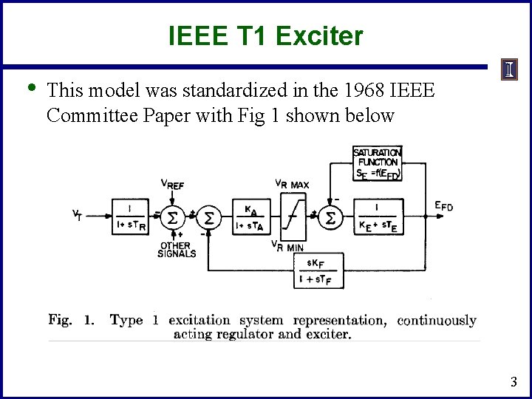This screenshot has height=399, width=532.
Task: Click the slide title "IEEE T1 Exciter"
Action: coord(265,35)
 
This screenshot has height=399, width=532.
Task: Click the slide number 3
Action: coord(514,382)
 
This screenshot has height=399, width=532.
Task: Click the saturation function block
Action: coord(378,163)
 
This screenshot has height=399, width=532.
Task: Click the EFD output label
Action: coord(443,207)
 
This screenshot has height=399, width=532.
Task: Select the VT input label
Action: coord(77,216)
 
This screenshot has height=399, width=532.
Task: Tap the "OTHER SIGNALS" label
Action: coord(177,250)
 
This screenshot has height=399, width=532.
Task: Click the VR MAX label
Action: coord(291,184)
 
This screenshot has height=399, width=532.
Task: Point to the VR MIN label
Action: coord(287,246)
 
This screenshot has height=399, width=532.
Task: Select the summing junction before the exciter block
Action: coord(330,217)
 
